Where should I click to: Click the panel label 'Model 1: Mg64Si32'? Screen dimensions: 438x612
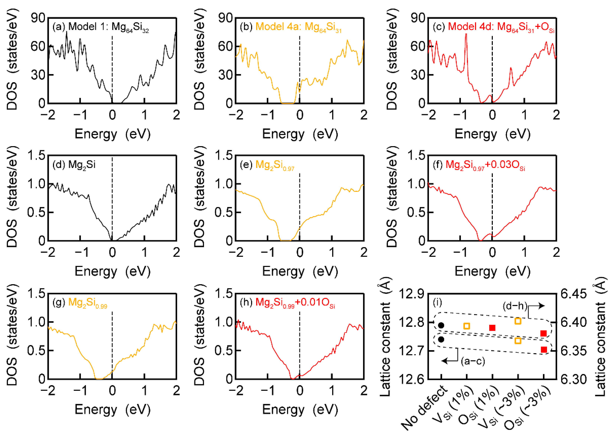108,27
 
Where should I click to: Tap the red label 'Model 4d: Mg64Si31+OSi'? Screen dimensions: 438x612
501,27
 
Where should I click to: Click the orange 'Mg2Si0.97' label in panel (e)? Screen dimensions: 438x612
275,165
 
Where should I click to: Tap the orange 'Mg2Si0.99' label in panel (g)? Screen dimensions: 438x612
87,303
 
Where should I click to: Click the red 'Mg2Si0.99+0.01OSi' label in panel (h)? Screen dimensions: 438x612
295,303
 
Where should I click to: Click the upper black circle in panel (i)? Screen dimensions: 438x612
441,325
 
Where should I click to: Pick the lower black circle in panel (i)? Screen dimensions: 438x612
441,339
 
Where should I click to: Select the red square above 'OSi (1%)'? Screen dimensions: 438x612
492,328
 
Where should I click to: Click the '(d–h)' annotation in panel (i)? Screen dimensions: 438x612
515,306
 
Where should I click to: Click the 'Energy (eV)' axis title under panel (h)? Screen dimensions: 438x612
300,409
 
